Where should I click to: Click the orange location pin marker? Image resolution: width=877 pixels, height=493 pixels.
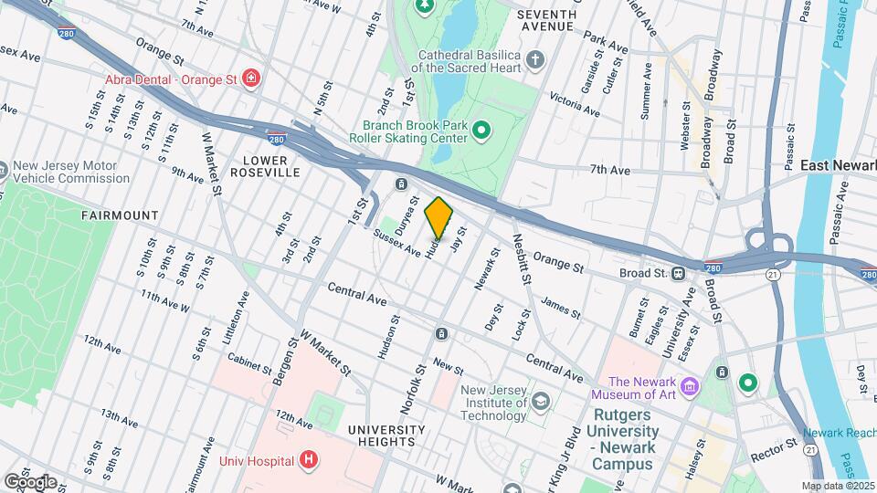pyautogui.click(x=439, y=217)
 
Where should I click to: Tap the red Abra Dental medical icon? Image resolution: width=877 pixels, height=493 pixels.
pyautogui.click(x=250, y=79)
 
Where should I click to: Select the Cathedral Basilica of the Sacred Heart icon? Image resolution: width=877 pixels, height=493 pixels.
pyautogui.click(x=536, y=60)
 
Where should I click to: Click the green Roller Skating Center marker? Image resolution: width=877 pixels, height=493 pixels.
pyautogui.click(x=481, y=134)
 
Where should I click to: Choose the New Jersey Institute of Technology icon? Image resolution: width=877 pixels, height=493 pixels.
pyautogui.click(x=541, y=400)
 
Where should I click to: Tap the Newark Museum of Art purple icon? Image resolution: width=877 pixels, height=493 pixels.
pyautogui.click(x=691, y=387)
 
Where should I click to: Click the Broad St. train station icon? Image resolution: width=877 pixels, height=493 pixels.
pyautogui.click(x=679, y=273)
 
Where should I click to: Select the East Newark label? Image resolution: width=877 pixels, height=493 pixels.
pyautogui.click(x=838, y=165)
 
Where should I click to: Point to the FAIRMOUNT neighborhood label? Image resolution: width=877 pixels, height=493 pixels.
pyautogui.click(x=120, y=215)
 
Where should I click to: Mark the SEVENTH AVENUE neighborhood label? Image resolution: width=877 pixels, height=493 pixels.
pyautogui.click(x=546, y=20)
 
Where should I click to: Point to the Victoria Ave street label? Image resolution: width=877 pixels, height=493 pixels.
pyautogui.click(x=574, y=104)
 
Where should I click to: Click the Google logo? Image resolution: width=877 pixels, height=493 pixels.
pyautogui.click(x=30, y=481)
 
